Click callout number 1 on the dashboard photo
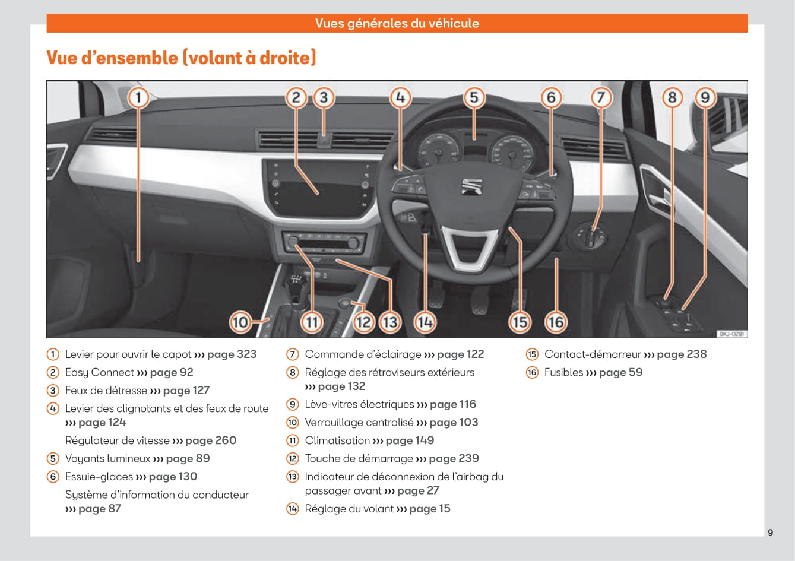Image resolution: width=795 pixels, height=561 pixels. tap(138, 97)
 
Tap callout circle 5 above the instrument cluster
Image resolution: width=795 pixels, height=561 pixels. tap(474, 97)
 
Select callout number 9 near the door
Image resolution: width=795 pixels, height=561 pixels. tap(705, 97)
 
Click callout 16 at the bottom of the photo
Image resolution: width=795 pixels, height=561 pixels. tap(556, 322)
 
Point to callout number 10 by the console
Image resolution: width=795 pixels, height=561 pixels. tap(240, 322)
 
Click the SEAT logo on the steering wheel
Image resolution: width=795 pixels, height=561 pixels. tap(471, 186)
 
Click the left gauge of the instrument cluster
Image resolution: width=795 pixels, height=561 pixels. tap(439, 150)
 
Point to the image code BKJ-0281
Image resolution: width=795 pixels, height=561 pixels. tap(731, 334)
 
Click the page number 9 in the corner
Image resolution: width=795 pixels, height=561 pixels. tap(770, 533)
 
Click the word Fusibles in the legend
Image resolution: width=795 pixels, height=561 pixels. tap(563, 372)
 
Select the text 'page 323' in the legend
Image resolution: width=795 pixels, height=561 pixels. tap(232, 354)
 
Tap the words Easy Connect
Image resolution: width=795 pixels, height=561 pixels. tap(99, 373)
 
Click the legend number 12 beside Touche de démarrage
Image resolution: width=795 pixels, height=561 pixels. tap(293, 458)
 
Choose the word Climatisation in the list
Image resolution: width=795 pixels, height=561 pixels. tap(337, 440)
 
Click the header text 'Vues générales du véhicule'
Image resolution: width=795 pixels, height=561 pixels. tap(397, 23)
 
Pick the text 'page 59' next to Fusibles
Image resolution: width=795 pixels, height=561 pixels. tap(620, 373)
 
